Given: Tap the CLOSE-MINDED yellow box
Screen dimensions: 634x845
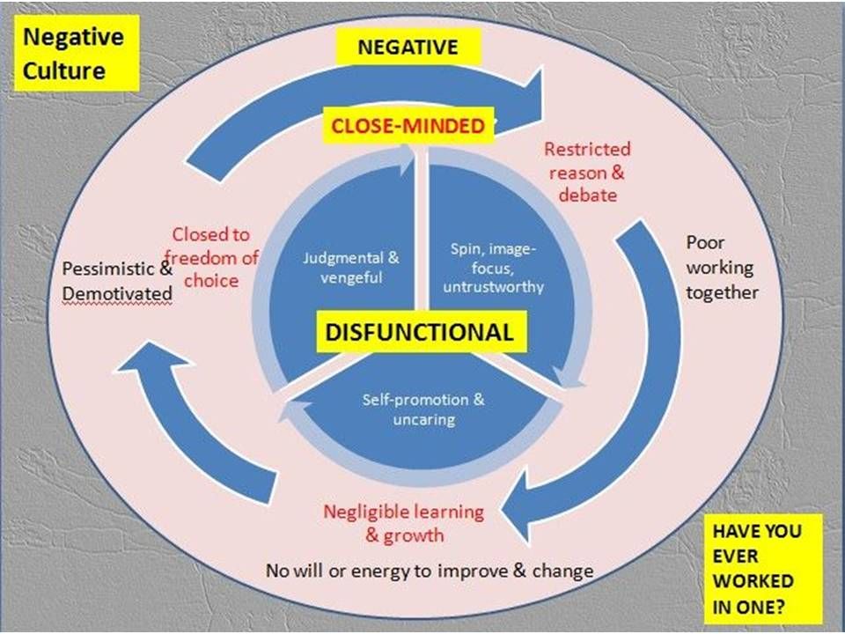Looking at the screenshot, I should (x=408, y=126).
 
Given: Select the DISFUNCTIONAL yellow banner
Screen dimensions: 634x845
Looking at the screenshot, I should (x=419, y=332).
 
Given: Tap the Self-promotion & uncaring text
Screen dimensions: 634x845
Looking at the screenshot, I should (x=423, y=409).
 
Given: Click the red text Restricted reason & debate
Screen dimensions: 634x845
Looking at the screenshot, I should (x=587, y=172).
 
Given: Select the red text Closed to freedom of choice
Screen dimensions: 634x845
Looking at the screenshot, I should (x=211, y=258).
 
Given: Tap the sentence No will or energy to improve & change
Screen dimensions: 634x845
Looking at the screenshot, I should (x=430, y=571).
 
